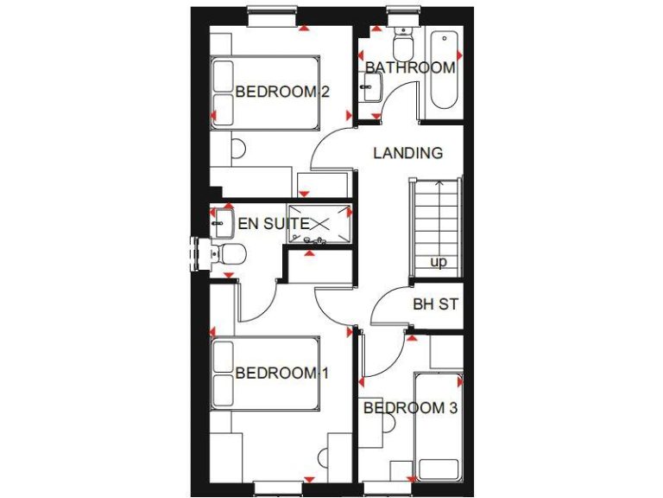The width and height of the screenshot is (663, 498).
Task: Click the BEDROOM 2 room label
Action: coord(282,92)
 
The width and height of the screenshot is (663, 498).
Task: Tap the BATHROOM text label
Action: coord(409,67)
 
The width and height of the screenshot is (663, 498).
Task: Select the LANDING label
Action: coord(407,153)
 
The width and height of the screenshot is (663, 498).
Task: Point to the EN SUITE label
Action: coord(274,224)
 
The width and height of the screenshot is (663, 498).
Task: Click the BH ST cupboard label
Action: coord(435,304)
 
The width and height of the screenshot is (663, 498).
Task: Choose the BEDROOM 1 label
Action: coord(282,373)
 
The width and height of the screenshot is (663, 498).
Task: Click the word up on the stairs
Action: coord(439,262)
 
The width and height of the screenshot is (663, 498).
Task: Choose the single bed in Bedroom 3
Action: coord(439,428)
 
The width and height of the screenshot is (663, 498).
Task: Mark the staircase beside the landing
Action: coord(436,227)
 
